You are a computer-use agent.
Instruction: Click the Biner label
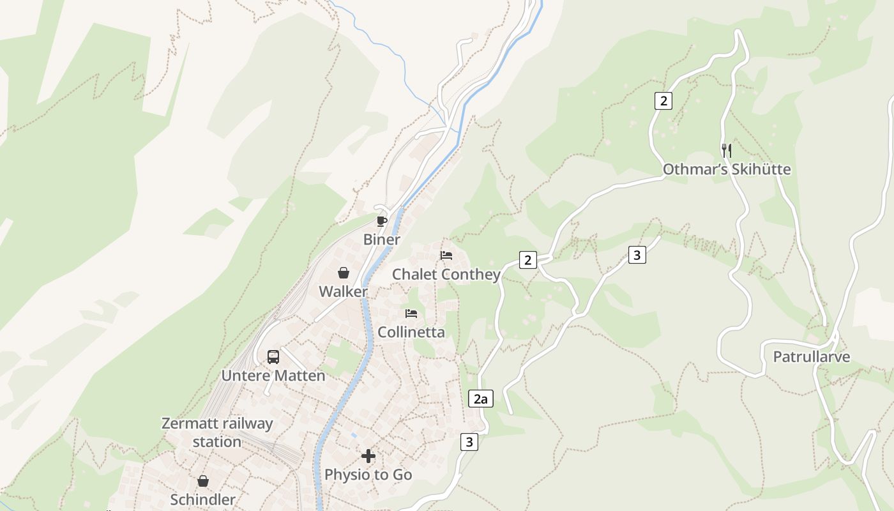coord(381,240)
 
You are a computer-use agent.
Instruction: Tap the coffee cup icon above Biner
coord(381,221)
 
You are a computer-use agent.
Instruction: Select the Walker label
coord(343,292)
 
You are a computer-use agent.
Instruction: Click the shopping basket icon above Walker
coord(343,273)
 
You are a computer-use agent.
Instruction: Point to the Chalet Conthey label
coord(446,275)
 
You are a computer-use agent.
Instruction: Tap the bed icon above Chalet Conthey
coord(446,256)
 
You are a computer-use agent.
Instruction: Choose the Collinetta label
coord(411,332)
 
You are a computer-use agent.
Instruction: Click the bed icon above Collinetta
coord(411,314)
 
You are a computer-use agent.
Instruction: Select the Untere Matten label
coord(273,376)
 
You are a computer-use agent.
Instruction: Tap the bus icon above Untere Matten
coord(273,357)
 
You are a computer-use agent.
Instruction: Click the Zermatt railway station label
coord(217,432)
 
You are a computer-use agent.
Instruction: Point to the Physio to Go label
coord(368,475)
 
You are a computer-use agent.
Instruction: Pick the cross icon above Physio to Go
coord(368,456)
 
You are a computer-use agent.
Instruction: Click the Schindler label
coord(202,500)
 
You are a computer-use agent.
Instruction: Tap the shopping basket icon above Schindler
coord(202,481)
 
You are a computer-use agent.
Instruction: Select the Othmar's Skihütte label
coord(726,170)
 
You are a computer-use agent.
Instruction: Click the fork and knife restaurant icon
coord(726,151)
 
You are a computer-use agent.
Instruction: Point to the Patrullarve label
coord(811,357)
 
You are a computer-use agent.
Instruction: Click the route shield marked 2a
coord(480,399)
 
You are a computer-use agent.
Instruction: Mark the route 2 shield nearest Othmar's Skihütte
coord(663,100)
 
